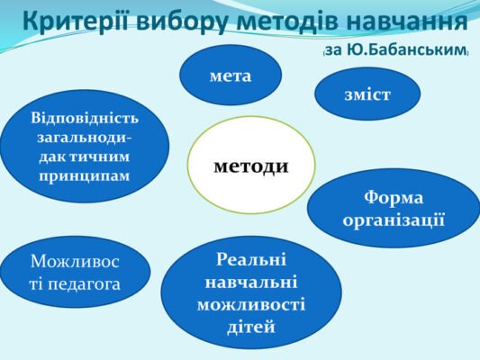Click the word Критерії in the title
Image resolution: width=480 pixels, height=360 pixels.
pyautogui.click(x=77, y=20)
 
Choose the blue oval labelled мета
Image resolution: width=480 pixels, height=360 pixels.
pyautogui.click(x=231, y=76)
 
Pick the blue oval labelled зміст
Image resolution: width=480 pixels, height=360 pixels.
pyautogui.click(x=367, y=94)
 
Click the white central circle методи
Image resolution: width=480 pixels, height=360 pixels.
pyautogui.click(x=251, y=165)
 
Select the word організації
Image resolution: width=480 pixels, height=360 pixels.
pyautogui.click(x=394, y=219)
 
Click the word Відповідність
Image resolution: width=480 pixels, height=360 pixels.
pyautogui.click(x=85, y=118)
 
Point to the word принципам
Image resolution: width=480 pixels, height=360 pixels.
pyautogui.click(x=85, y=175)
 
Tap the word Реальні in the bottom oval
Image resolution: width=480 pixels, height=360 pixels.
pyautogui.click(x=251, y=261)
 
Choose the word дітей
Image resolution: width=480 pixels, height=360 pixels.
pyautogui.click(x=251, y=326)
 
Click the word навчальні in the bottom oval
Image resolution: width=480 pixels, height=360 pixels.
pyautogui.click(x=251, y=283)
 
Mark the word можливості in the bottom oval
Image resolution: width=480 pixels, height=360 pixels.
pyautogui.click(x=251, y=304)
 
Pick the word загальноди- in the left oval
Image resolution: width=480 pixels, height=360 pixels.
pyautogui.click(x=85, y=137)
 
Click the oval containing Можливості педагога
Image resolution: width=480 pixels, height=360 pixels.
pyautogui.click(x=76, y=273)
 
